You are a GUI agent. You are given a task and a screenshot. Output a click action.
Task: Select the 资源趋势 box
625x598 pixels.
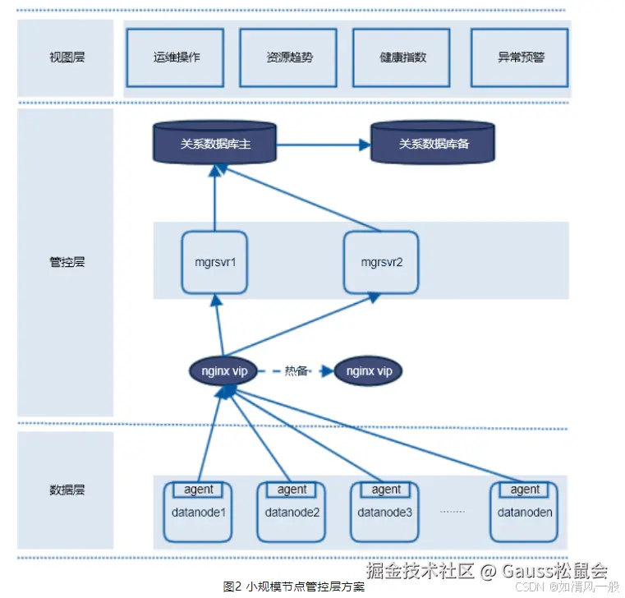click(x=288, y=57)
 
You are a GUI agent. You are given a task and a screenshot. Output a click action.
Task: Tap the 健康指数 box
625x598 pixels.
click(x=402, y=57)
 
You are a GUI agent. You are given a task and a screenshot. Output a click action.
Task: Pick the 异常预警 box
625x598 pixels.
click(x=520, y=57)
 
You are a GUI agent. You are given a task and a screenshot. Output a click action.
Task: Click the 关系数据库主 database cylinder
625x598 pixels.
click(x=214, y=143)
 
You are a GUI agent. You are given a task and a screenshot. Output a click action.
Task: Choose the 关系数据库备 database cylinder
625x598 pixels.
click(x=433, y=143)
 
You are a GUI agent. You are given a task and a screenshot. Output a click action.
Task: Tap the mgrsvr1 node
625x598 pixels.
click(x=214, y=263)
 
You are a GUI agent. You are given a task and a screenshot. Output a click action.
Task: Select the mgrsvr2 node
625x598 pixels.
click(x=380, y=263)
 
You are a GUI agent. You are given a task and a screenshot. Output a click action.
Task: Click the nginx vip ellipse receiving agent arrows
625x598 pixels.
click(x=223, y=371)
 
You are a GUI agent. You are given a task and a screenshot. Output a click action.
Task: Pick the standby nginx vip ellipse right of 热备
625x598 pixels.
click(x=369, y=371)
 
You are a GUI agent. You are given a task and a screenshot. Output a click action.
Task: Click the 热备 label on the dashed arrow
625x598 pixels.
click(x=296, y=371)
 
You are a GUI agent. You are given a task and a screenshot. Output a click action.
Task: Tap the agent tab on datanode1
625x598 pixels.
click(x=198, y=490)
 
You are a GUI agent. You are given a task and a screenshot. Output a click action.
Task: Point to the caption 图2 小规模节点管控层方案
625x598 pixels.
click(x=294, y=586)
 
